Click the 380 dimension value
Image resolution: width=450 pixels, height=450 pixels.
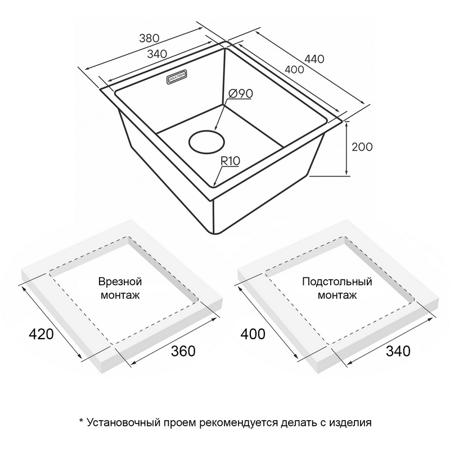pyautogui.click(x=149, y=38)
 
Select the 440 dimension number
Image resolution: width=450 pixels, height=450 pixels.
pyautogui.click(x=314, y=59)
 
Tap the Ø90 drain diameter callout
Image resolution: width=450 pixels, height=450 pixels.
pyautogui.click(x=241, y=93)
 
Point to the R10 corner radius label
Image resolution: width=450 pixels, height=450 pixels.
pyautogui.click(x=230, y=161)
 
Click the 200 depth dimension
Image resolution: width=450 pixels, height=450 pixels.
pyautogui.click(x=362, y=147)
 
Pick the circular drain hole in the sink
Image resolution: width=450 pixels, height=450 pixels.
pyautogui.click(x=206, y=142)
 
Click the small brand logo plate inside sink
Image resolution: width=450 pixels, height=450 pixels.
pyautogui.click(x=177, y=77)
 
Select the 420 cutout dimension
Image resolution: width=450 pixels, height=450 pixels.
pyautogui.click(x=41, y=334)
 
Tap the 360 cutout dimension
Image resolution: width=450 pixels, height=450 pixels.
pyautogui.click(x=183, y=351)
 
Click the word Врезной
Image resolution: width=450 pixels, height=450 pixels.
pyautogui.click(x=120, y=281)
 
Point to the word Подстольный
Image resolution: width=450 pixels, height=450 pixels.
pyautogui.click(x=337, y=281)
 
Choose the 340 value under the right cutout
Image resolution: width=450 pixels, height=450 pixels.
pyautogui.click(x=398, y=350)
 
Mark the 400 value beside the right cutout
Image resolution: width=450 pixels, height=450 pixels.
pyautogui.click(x=253, y=334)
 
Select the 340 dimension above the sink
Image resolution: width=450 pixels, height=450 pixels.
pyautogui.click(x=157, y=53)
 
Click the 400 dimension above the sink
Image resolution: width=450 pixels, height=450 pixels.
pyautogui.click(x=294, y=69)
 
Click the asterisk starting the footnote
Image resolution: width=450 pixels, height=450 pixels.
pyautogui.click(x=81, y=421)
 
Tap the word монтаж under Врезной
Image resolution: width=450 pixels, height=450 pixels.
pyautogui.click(x=120, y=295)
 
